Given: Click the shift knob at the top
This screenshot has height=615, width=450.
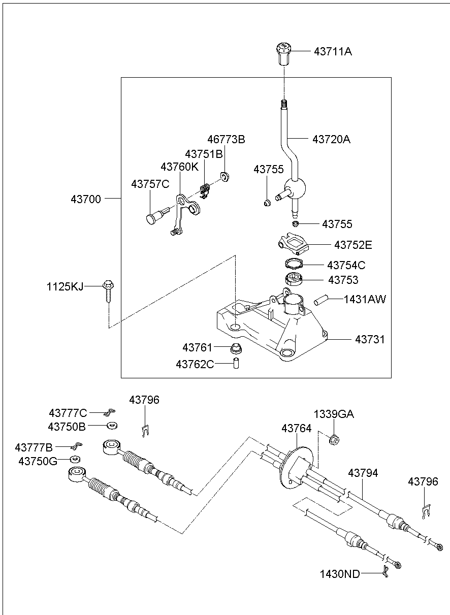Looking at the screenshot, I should (284, 54).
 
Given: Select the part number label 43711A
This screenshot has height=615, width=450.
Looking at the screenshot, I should (333, 51).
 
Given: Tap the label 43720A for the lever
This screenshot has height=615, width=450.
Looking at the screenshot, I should (331, 139).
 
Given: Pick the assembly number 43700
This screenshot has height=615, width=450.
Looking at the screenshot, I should (86, 199).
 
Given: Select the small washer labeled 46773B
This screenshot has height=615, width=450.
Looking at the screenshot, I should (224, 177).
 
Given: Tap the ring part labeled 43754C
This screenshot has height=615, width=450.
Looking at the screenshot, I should (293, 264).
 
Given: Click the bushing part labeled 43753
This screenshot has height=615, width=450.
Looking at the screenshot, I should (293, 279).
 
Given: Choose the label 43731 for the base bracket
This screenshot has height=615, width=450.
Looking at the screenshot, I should (370, 339).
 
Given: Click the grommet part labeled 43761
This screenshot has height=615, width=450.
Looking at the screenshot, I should (235, 348).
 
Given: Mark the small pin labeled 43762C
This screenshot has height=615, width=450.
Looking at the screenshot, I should (236, 364).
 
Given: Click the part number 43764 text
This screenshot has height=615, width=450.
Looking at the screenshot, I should (297, 429).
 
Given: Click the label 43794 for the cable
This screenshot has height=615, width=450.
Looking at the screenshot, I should (363, 473).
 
